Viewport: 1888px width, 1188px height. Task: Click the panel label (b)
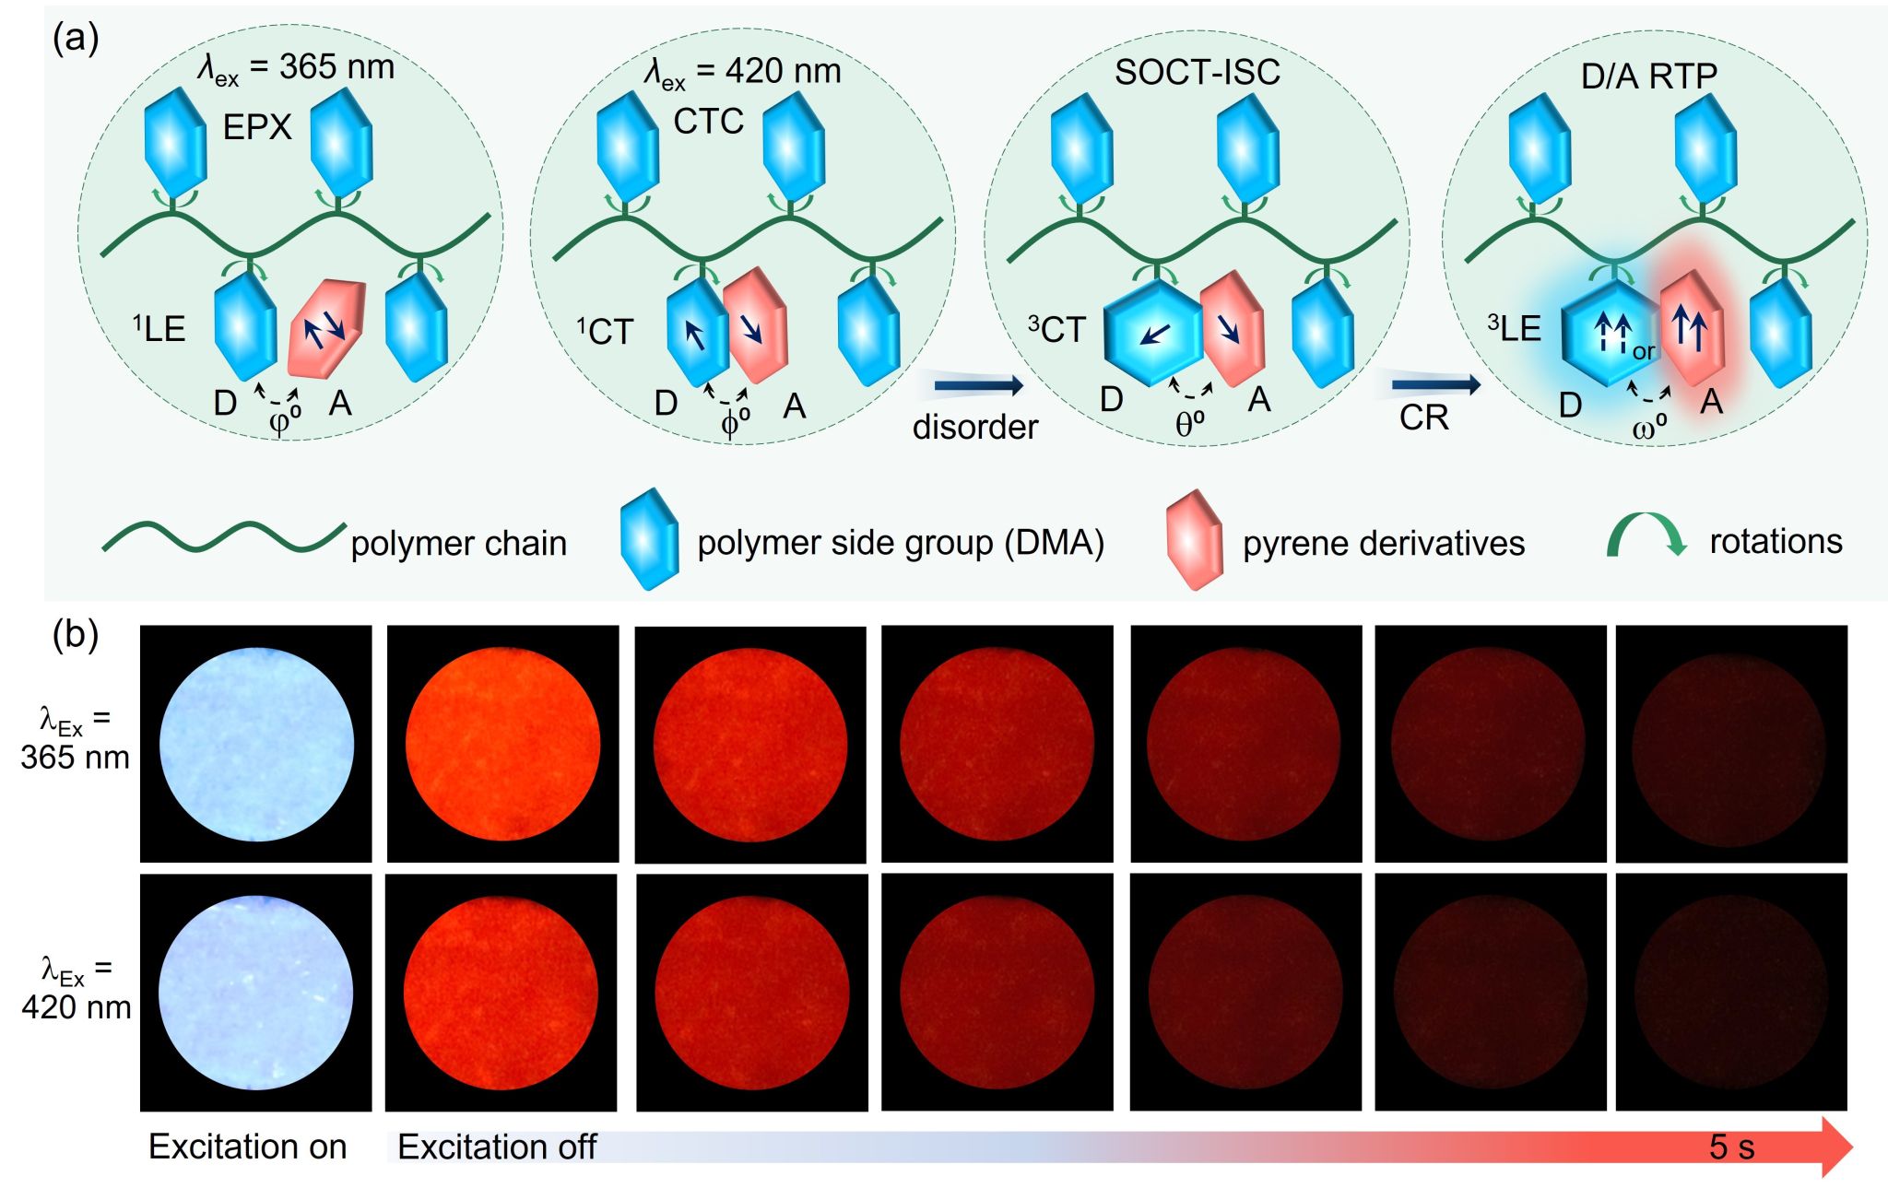(76, 635)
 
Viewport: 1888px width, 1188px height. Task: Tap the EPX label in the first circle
(257, 127)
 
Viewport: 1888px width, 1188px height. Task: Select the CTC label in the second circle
(708, 122)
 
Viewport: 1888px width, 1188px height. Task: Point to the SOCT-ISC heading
(1197, 73)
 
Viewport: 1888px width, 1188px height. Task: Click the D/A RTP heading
(1649, 76)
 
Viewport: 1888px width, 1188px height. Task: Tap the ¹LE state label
(159, 329)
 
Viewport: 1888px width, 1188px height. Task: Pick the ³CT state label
(1056, 330)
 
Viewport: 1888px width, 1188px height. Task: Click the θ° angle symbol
(1190, 424)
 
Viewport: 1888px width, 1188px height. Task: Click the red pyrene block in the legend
(1194, 540)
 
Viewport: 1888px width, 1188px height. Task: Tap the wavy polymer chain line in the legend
(223, 537)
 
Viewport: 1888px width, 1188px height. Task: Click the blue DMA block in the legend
(650, 540)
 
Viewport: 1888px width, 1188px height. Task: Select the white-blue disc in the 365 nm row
(256, 744)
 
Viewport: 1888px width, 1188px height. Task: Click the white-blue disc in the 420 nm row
(255, 993)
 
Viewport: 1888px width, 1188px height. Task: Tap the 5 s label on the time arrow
(1731, 1147)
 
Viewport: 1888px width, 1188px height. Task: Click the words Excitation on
(247, 1147)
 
